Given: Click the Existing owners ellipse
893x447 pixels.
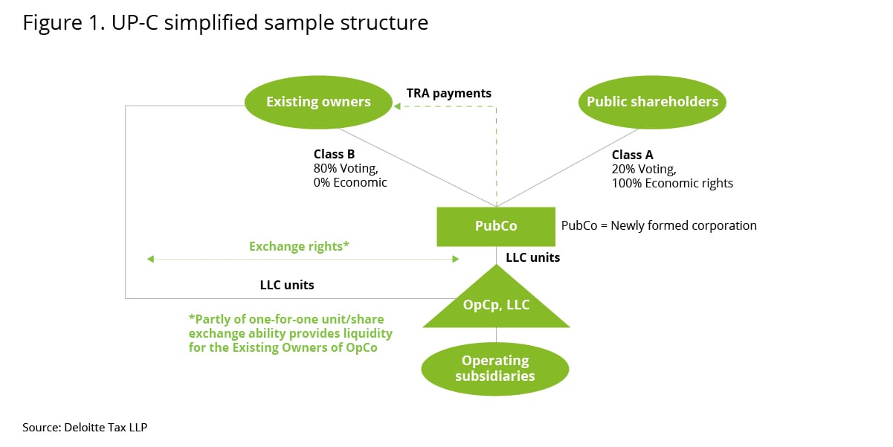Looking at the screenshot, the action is click(x=318, y=102).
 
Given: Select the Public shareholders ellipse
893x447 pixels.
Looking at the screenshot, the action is click(x=652, y=102).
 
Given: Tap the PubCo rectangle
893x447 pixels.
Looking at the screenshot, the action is click(x=496, y=227).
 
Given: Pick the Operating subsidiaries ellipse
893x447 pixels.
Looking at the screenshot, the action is click(x=495, y=369).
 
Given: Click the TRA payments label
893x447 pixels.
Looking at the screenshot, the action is click(x=449, y=93).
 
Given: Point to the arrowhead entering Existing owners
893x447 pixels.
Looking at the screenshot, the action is click(x=397, y=106).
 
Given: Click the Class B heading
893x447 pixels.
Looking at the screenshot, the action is click(x=334, y=154).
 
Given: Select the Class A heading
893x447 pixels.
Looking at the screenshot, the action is click(x=633, y=155).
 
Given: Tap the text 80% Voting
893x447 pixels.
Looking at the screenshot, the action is click(x=346, y=169).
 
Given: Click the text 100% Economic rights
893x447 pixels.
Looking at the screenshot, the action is click(x=673, y=184).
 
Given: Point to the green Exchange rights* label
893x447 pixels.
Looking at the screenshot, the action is click(x=299, y=246).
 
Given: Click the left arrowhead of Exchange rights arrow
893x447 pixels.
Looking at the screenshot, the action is click(x=150, y=259).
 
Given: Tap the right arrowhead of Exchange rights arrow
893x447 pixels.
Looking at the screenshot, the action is click(x=456, y=259).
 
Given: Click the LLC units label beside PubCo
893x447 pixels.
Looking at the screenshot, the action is click(x=533, y=257).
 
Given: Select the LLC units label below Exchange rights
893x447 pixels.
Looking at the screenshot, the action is click(x=287, y=285).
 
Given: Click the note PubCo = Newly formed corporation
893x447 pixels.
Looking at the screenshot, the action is click(x=659, y=225).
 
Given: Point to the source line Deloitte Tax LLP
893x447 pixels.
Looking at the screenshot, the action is click(x=85, y=428).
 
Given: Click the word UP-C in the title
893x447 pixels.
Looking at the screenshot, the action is click(x=135, y=22).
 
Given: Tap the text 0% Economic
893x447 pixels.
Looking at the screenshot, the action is click(x=350, y=183).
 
